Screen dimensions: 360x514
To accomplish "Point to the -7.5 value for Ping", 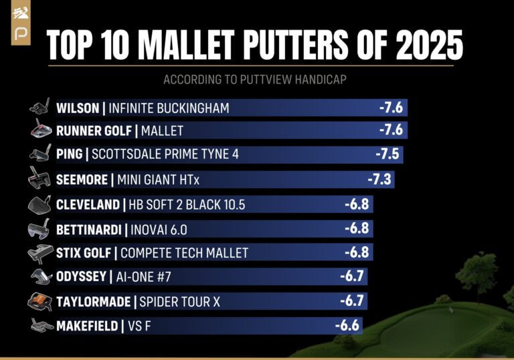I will click(388, 155).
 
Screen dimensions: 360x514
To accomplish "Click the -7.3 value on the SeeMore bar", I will click(379, 179).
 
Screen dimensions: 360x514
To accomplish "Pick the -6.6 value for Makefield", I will click(347, 326).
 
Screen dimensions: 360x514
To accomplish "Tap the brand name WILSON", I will click(78, 108).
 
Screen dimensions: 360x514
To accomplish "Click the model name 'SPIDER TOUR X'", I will click(179, 302).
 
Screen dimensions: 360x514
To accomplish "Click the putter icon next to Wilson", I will click(40, 107).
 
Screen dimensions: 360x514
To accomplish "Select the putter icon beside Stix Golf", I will click(40, 253).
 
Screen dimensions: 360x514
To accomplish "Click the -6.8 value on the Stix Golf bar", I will click(357, 253).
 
